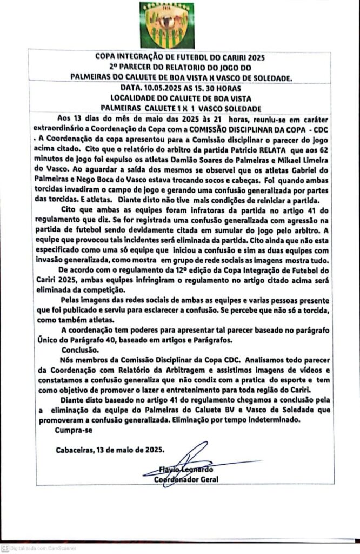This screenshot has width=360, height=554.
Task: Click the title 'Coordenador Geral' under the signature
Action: pyautogui.click(x=186, y=479)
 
